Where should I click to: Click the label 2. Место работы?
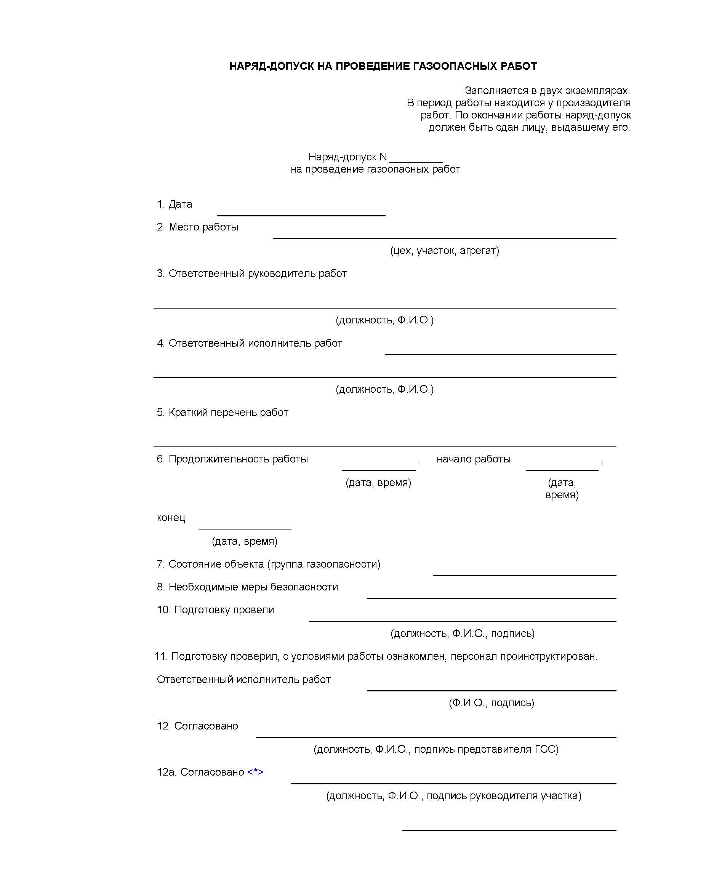tap(198, 227)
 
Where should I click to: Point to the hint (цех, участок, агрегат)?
tap(444, 250)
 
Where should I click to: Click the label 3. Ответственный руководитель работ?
tap(251, 274)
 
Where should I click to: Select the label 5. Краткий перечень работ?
tap(223, 413)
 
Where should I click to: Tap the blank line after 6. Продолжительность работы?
tap(378, 469)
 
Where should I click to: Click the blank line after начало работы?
tap(562, 469)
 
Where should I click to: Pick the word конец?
tap(171, 518)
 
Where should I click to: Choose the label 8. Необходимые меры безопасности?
tap(247, 587)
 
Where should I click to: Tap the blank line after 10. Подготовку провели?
tap(462, 619)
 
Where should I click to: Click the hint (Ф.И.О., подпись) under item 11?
tap(491, 703)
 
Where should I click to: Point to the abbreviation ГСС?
tap(544, 749)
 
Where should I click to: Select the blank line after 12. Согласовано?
tap(435, 736)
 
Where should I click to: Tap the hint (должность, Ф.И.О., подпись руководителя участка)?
tap(453, 796)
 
